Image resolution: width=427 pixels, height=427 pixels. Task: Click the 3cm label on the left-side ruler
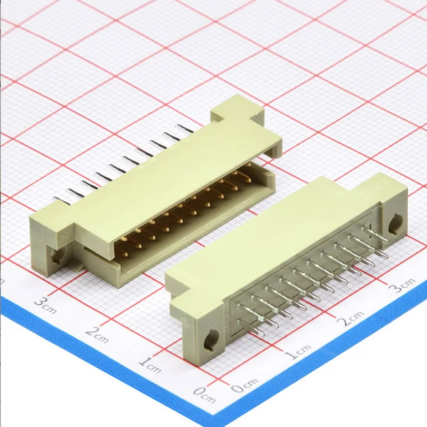coord(45,305)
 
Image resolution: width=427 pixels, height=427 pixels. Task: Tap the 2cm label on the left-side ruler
coord(97,334)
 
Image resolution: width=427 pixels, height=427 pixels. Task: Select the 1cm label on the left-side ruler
coord(149,364)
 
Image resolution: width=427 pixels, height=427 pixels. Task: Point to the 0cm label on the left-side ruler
coord(204,394)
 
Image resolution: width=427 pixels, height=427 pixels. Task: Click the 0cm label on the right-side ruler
coord(246,383)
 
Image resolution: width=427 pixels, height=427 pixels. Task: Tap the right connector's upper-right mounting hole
coord(396,224)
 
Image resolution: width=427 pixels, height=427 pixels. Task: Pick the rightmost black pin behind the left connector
coord(186,129)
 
